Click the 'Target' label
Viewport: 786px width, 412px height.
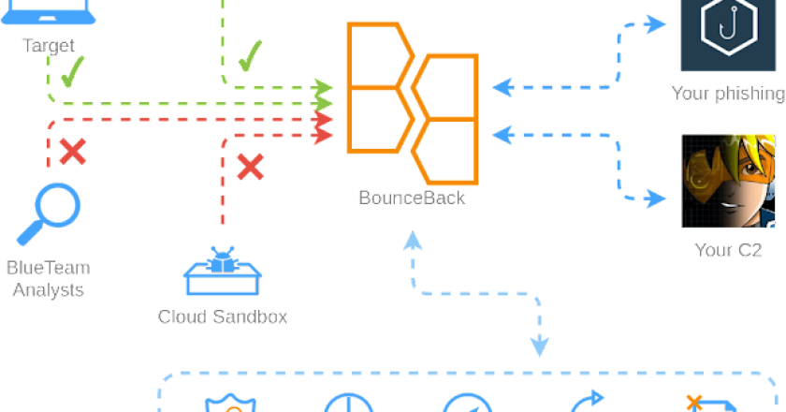[x=49, y=44]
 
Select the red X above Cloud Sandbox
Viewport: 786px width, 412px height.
[x=249, y=167]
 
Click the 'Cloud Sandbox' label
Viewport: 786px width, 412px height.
[x=223, y=316]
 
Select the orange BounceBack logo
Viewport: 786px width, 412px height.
[x=412, y=103]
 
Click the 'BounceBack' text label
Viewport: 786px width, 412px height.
[x=412, y=199]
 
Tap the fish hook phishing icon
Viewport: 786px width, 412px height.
[x=727, y=32]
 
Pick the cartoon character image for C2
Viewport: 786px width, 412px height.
[x=728, y=180]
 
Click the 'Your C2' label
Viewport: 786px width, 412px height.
[x=728, y=249]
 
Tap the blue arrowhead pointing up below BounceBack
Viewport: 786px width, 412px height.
[x=413, y=243]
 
